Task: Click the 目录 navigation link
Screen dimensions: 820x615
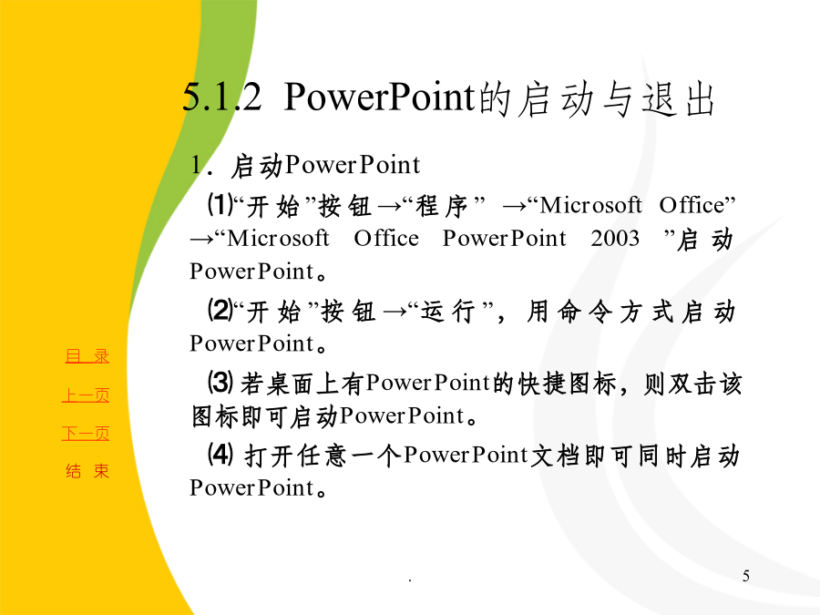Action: click(x=87, y=356)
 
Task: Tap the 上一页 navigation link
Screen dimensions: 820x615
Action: click(x=86, y=395)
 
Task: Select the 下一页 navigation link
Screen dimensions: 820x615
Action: click(x=86, y=434)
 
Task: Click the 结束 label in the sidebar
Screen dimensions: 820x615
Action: click(x=87, y=471)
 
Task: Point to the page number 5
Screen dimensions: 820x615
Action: click(x=745, y=576)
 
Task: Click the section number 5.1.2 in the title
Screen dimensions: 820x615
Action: click(x=221, y=97)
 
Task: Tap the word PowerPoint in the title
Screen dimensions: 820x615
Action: click(x=380, y=97)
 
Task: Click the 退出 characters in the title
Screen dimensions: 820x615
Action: click(x=678, y=98)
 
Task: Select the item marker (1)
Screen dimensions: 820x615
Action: click(x=220, y=204)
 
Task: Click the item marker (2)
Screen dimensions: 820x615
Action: click(x=220, y=310)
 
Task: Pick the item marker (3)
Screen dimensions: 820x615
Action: click(x=220, y=383)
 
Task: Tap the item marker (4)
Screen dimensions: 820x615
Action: click(x=220, y=454)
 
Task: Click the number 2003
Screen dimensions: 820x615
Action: click(x=615, y=239)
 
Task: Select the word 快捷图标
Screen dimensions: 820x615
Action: click(x=567, y=384)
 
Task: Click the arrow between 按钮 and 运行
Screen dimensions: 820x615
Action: click(x=395, y=313)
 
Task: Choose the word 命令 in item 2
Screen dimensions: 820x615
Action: click(x=585, y=312)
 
